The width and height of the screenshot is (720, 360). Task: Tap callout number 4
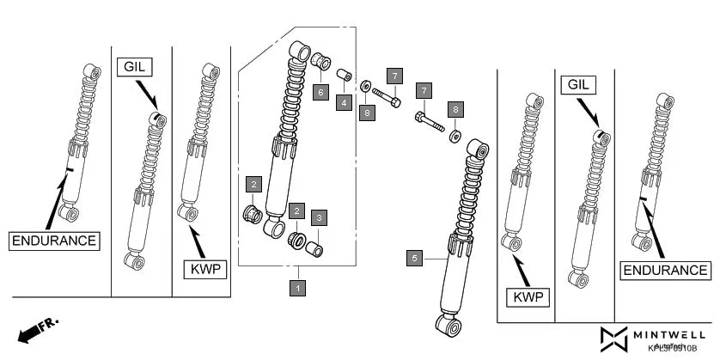coord(344,102)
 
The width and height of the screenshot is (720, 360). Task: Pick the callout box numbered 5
coord(415,257)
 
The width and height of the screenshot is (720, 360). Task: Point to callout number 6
coord(319,90)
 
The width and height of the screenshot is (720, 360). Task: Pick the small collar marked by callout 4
coord(344,74)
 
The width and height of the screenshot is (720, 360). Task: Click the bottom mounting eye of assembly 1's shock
coord(274,229)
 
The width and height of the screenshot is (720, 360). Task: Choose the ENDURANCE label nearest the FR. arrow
coord(54,240)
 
